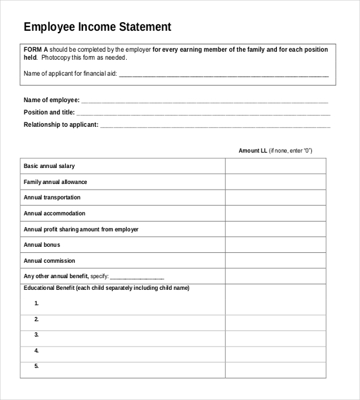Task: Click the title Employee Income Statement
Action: tap(97, 27)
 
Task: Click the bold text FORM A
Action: tap(36, 49)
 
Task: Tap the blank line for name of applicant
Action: tap(223, 74)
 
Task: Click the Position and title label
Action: tap(49, 113)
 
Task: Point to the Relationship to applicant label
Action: tap(60, 125)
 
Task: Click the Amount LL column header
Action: tap(252, 151)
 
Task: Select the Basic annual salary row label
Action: tap(49, 166)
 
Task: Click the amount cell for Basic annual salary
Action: tap(275, 166)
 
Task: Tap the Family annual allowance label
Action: tap(55, 182)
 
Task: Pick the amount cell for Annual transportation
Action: tap(275, 198)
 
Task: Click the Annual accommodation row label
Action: tap(54, 214)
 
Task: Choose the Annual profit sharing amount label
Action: tap(81, 230)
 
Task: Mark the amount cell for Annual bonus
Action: tap(275, 245)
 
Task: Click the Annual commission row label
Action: tap(49, 261)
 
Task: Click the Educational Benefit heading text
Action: tap(106, 288)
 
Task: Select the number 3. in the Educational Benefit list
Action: tap(37, 335)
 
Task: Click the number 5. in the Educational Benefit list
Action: tap(37, 366)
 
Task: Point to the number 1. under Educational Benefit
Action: tap(37, 303)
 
